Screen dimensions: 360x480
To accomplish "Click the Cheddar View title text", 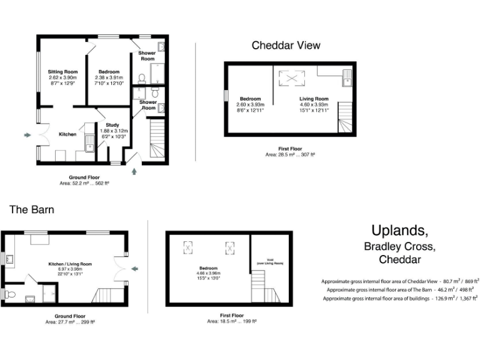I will click(x=286, y=45).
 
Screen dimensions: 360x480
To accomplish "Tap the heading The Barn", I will click(x=31, y=209).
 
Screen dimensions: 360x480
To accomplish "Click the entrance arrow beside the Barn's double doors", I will click(x=134, y=269).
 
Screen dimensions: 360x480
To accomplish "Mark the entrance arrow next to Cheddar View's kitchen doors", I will click(x=26, y=134).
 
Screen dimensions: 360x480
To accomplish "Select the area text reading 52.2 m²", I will click(x=78, y=183).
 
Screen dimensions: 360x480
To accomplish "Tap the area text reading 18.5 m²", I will click(x=231, y=321).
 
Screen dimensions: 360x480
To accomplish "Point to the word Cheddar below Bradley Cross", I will click(x=399, y=259).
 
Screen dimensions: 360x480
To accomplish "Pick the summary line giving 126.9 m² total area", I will click(x=401, y=299).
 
